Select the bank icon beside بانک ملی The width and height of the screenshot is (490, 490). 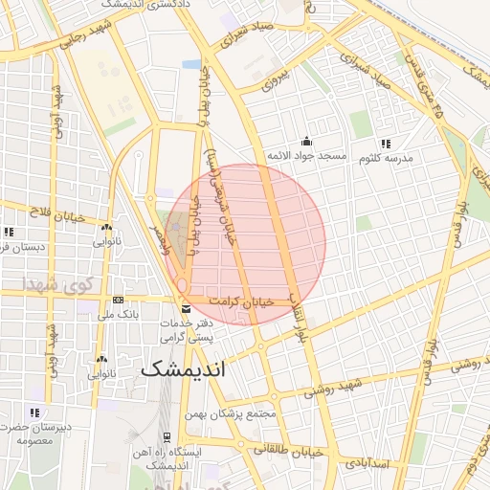click(117, 300)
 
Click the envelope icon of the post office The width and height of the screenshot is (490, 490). click(186, 308)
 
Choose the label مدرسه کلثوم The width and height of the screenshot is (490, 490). click(386, 158)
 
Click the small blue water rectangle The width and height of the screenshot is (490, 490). click(192, 64)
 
